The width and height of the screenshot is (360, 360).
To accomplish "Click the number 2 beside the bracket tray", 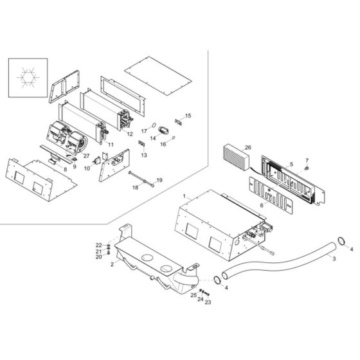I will (113, 264).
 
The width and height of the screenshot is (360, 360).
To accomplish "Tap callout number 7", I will (307, 160).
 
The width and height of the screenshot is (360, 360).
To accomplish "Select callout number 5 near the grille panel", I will (291, 165).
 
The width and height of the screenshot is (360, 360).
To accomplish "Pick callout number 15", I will (188, 116).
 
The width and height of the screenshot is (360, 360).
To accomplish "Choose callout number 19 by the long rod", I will (159, 180).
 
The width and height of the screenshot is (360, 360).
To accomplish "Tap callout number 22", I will (99, 246).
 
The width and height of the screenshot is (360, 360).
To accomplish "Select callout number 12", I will (130, 134).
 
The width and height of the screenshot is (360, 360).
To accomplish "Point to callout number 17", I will (144, 131).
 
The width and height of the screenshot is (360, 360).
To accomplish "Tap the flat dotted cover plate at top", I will (158, 69).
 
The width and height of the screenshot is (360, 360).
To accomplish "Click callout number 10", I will (87, 169).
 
